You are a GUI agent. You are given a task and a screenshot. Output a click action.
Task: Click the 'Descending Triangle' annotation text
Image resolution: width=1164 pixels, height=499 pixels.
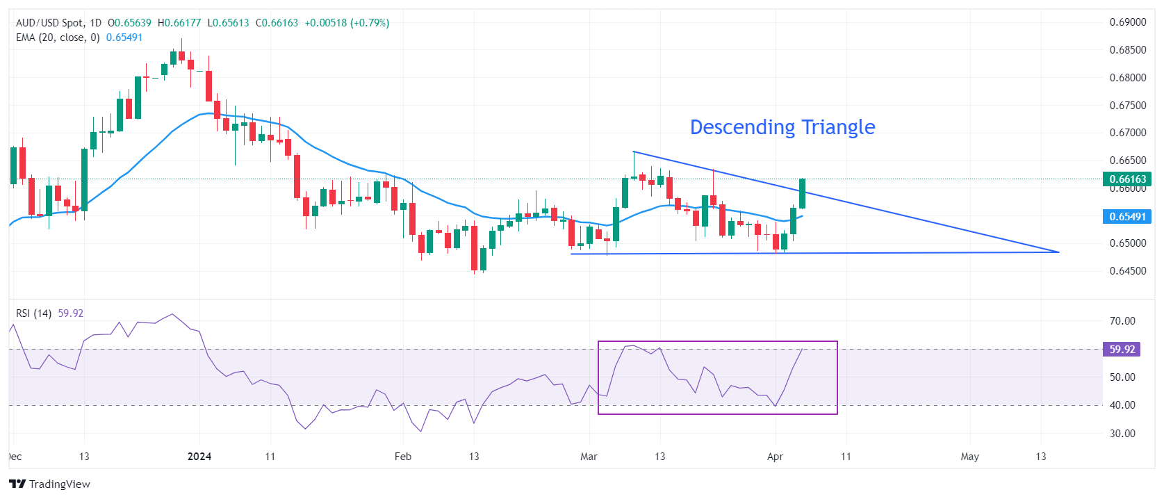(x=782, y=127)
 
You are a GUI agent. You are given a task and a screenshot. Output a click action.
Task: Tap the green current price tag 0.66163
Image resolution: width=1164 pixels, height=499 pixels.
(x=1127, y=179)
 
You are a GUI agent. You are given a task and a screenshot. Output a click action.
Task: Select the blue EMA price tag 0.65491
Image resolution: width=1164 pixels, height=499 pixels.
(x=1127, y=217)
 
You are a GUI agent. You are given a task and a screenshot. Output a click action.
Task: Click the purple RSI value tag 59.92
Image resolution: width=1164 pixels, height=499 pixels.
(x=1122, y=350)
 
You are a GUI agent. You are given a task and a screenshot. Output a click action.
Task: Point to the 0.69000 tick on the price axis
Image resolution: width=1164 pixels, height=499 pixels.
(x=1127, y=22)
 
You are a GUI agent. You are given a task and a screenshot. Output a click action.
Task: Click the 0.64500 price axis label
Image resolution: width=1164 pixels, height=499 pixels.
(x=1127, y=271)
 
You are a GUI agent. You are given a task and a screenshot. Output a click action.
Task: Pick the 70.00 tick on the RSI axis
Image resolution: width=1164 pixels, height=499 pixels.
(x=1122, y=321)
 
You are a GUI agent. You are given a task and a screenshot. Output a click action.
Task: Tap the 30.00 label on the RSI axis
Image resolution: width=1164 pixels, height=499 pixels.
(x=1122, y=434)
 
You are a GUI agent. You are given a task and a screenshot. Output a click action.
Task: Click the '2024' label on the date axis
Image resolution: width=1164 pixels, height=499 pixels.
(x=199, y=457)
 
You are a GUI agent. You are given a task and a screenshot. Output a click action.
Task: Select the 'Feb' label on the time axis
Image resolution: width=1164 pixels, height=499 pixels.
(x=402, y=457)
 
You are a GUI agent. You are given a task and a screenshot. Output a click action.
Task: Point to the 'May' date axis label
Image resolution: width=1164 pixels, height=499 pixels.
(x=969, y=457)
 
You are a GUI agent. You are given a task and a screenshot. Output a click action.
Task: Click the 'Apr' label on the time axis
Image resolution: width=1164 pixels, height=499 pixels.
(x=775, y=457)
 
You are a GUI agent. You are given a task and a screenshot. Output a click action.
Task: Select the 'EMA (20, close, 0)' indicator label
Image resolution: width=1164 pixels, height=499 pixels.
(x=58, y=38)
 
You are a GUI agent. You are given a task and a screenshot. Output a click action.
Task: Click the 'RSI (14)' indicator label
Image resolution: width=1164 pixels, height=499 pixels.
(x=33, y=313)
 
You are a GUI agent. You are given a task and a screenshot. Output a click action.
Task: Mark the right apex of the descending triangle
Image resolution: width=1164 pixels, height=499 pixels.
(x=1058, y=252)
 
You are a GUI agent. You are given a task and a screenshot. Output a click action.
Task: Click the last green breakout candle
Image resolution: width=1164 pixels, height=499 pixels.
(x=803, y=193)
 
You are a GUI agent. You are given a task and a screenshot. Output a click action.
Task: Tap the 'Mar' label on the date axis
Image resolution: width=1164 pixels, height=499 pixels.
(x=589, y=457)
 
